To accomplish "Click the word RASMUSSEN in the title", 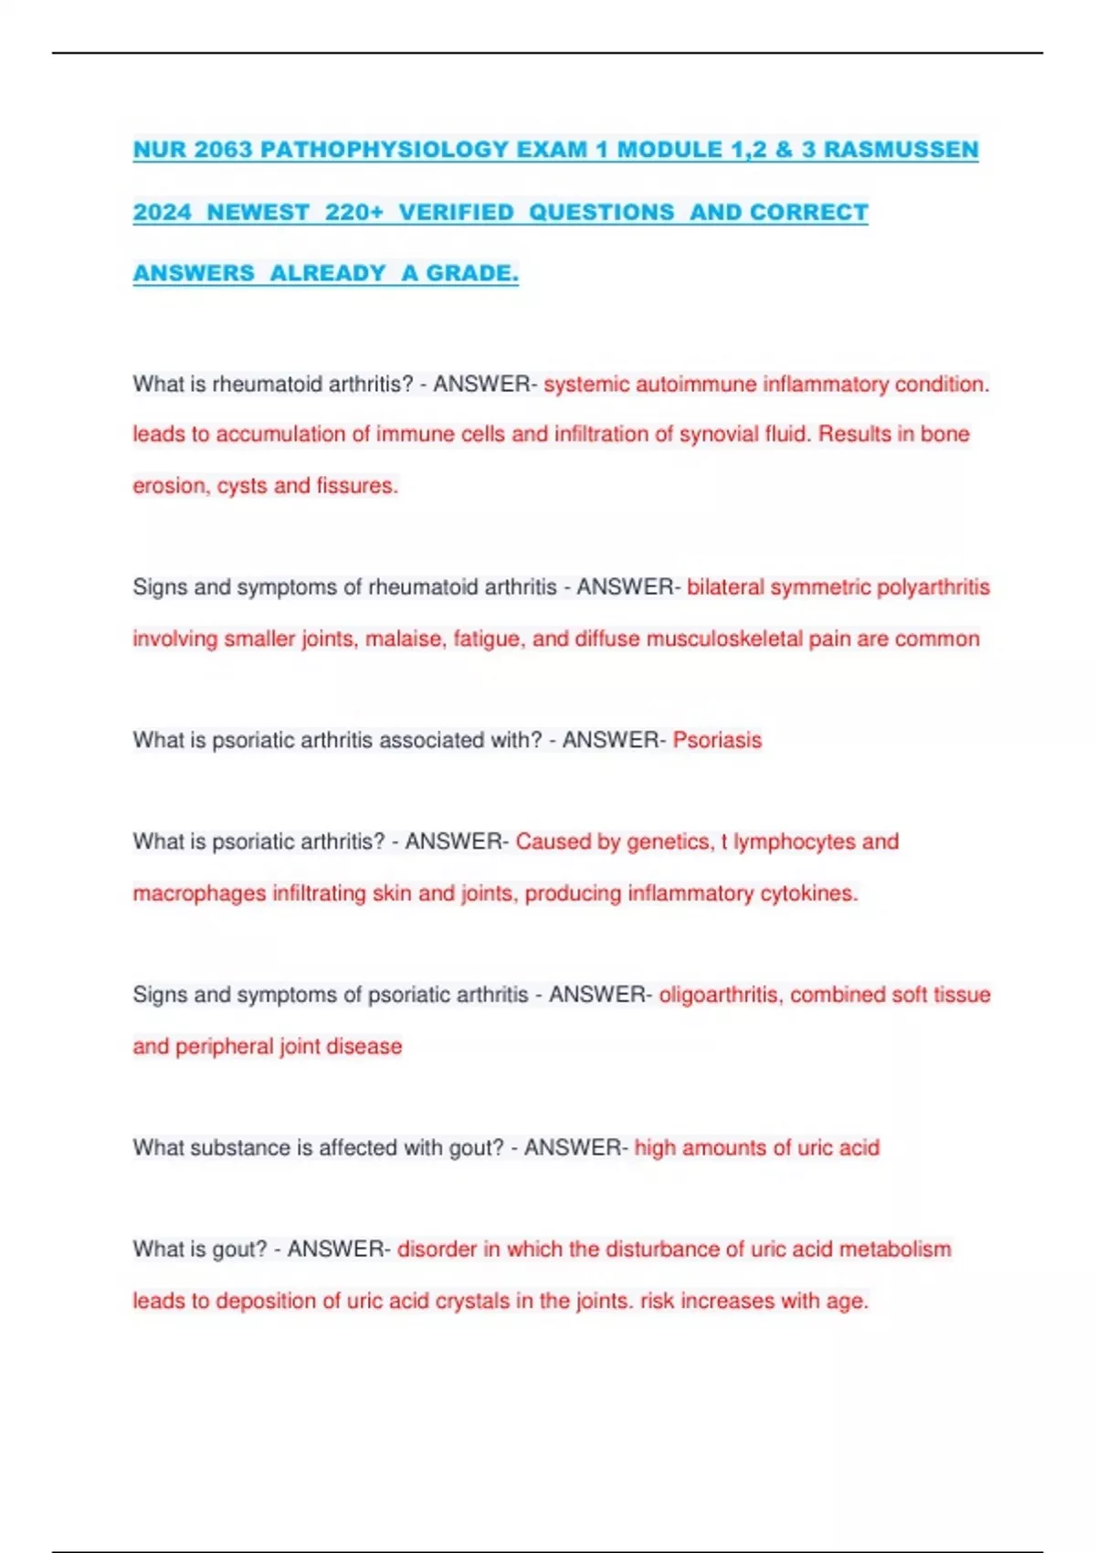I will (x=901, y=150).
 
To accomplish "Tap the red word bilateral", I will (x=725, y=586).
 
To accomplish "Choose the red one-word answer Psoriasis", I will (x=717, y=740).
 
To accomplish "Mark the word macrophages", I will (x=199, y=893).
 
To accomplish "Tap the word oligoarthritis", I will (x=721, y=994).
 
